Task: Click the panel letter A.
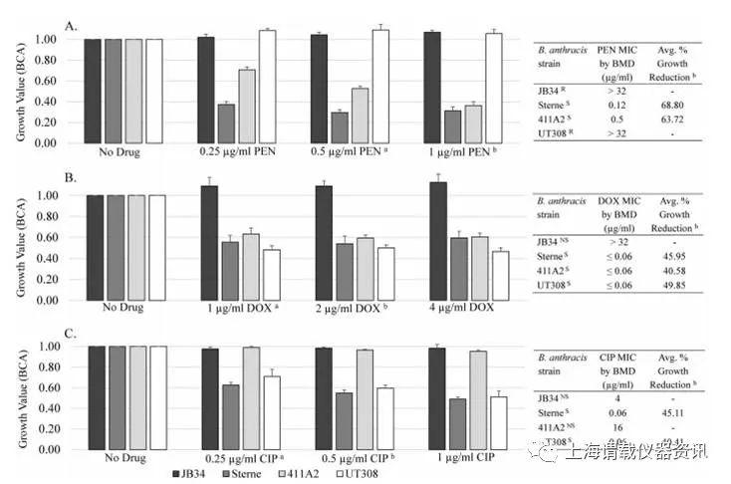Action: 70,26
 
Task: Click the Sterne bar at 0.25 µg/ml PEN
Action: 226,122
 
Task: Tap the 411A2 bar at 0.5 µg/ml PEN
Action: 360,116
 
